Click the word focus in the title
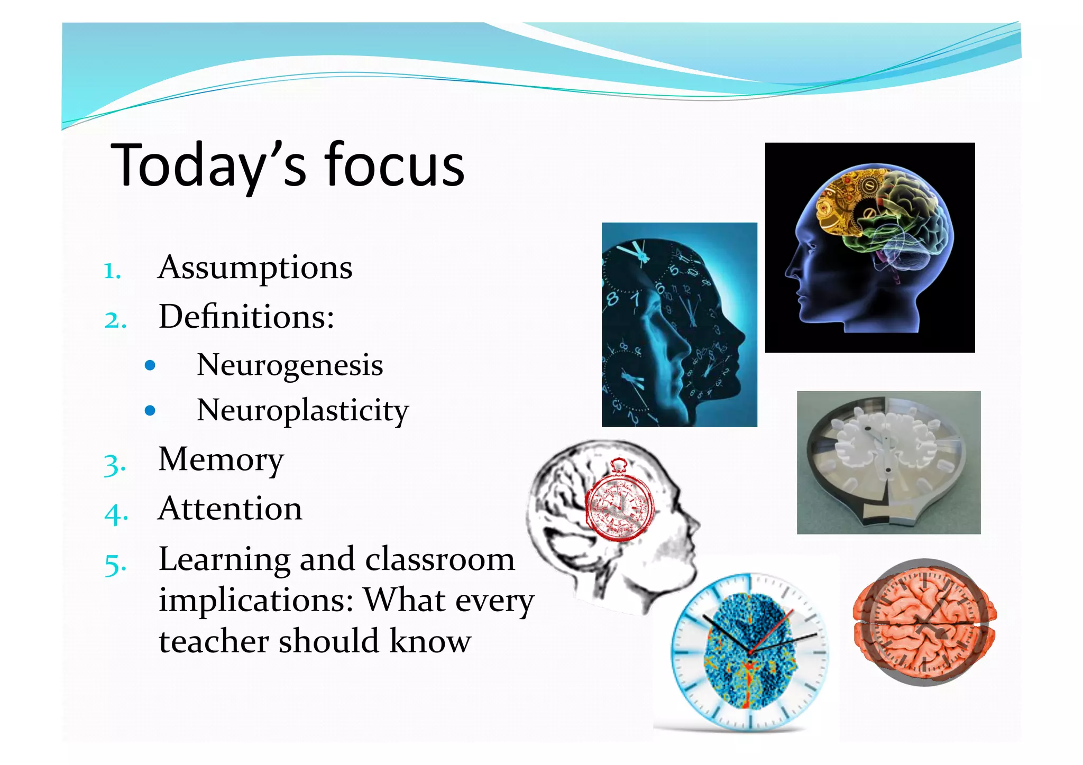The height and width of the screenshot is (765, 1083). point(394,165)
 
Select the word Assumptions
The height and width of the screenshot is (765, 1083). point(255,268)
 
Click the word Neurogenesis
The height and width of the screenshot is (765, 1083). point(289,365)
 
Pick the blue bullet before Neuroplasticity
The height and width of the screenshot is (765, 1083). point(150,411)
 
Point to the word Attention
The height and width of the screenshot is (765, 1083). point(230,509)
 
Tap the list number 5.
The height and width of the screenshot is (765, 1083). point(115,565)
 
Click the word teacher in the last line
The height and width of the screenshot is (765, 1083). point(214,641)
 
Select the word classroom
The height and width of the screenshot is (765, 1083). point(439,559)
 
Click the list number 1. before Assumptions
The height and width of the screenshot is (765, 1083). point(112,271)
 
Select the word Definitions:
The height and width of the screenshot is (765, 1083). point(246,317)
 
